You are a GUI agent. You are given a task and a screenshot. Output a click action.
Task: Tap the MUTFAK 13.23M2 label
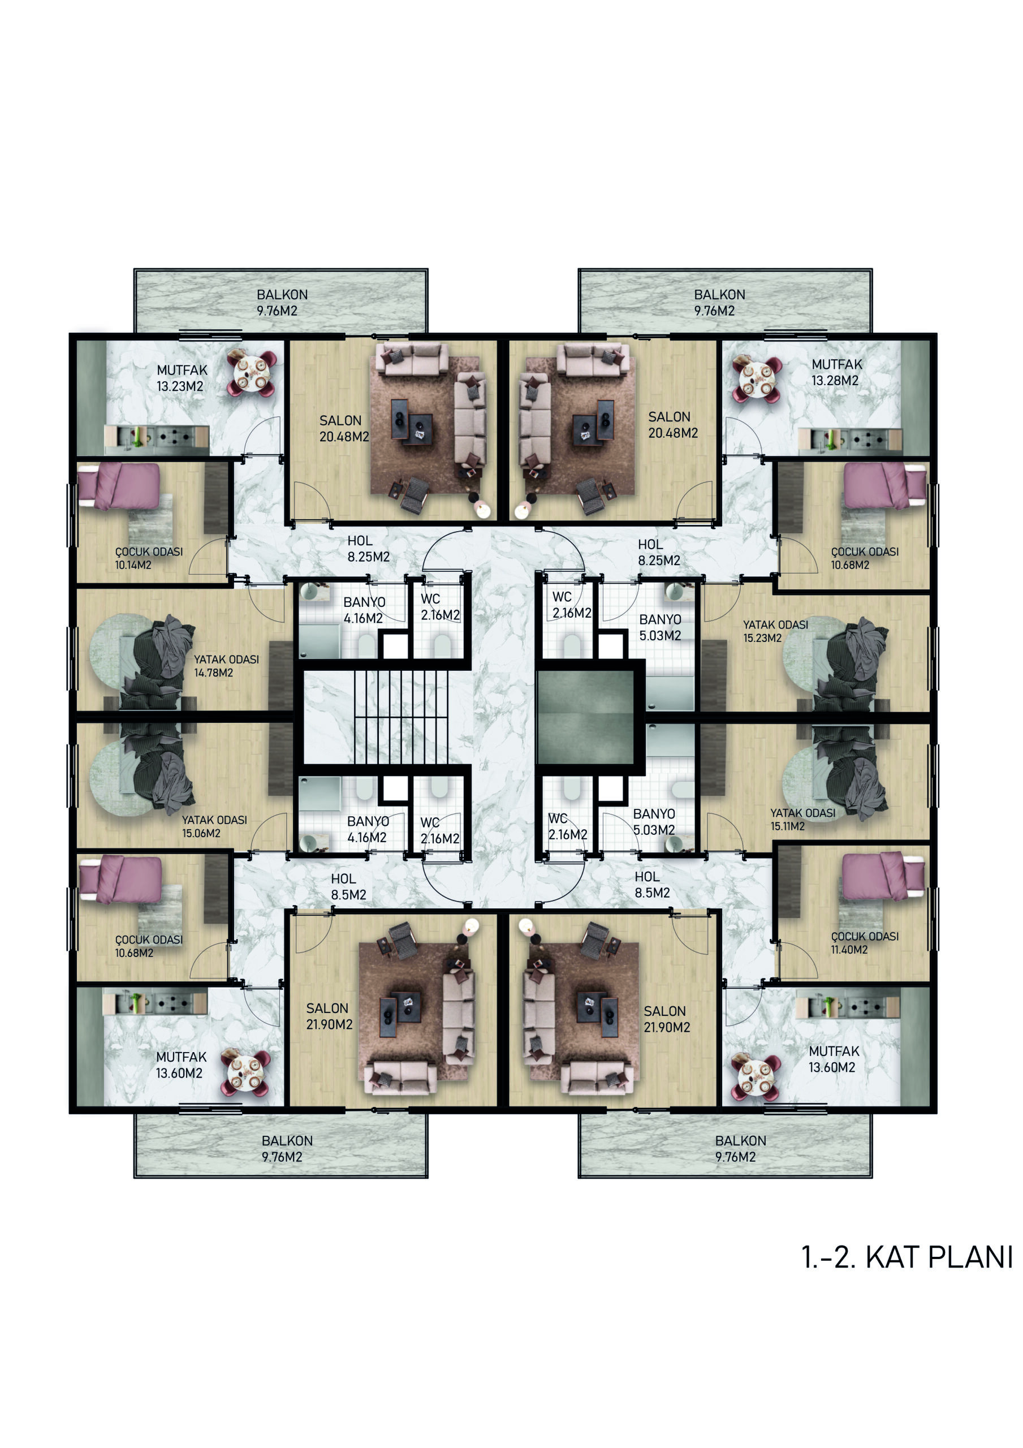point(182,378)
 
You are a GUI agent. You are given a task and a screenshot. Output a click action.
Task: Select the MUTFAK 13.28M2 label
point(836,372)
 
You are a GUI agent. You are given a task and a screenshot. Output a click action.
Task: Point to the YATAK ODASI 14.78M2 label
point(226,666)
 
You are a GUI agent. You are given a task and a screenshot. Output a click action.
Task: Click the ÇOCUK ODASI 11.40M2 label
point(865,943)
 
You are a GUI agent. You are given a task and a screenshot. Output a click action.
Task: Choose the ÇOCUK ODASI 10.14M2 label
point(149,558)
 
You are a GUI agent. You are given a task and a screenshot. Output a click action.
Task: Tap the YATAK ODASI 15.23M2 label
point(775,631)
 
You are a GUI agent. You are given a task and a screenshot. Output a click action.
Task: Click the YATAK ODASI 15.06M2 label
point(214,826)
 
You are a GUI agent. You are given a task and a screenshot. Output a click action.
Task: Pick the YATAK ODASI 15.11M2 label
point(803,819)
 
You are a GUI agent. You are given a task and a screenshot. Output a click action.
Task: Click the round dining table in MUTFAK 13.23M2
point(252,373)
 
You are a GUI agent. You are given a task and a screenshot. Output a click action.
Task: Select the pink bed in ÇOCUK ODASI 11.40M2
point(883,877)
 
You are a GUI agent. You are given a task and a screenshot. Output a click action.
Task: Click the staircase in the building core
point(401,717)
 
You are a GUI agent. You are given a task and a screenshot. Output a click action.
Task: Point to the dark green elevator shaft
point(585,717)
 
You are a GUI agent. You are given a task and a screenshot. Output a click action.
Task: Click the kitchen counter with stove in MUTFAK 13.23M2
point(157,437)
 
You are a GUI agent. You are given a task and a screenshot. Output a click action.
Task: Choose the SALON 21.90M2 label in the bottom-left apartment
point(329,1016)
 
